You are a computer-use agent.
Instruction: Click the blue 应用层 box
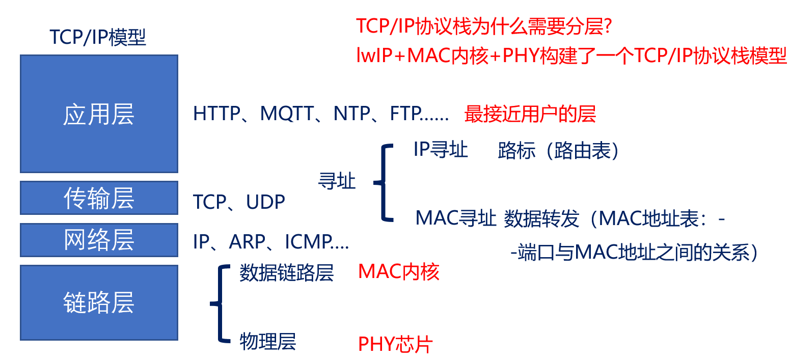point(99,114)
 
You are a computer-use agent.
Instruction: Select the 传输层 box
point(99,198)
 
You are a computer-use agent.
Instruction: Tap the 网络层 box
point(99,240)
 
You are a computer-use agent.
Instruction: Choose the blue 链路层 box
point(99,302)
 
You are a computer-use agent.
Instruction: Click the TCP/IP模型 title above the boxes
point(98,38)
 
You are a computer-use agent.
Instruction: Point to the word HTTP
point(216,114)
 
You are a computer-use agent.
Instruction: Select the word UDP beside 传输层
point(265,202)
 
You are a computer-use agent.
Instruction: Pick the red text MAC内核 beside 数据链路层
point(398,272)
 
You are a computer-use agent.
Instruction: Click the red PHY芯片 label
point(395,345)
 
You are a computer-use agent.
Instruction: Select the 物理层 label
point(267,342)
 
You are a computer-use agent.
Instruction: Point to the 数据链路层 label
point(286,273)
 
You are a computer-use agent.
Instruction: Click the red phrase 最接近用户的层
point(530,115)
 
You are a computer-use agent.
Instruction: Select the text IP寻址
point(441,150)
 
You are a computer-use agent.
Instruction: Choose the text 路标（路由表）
point(558,151)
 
